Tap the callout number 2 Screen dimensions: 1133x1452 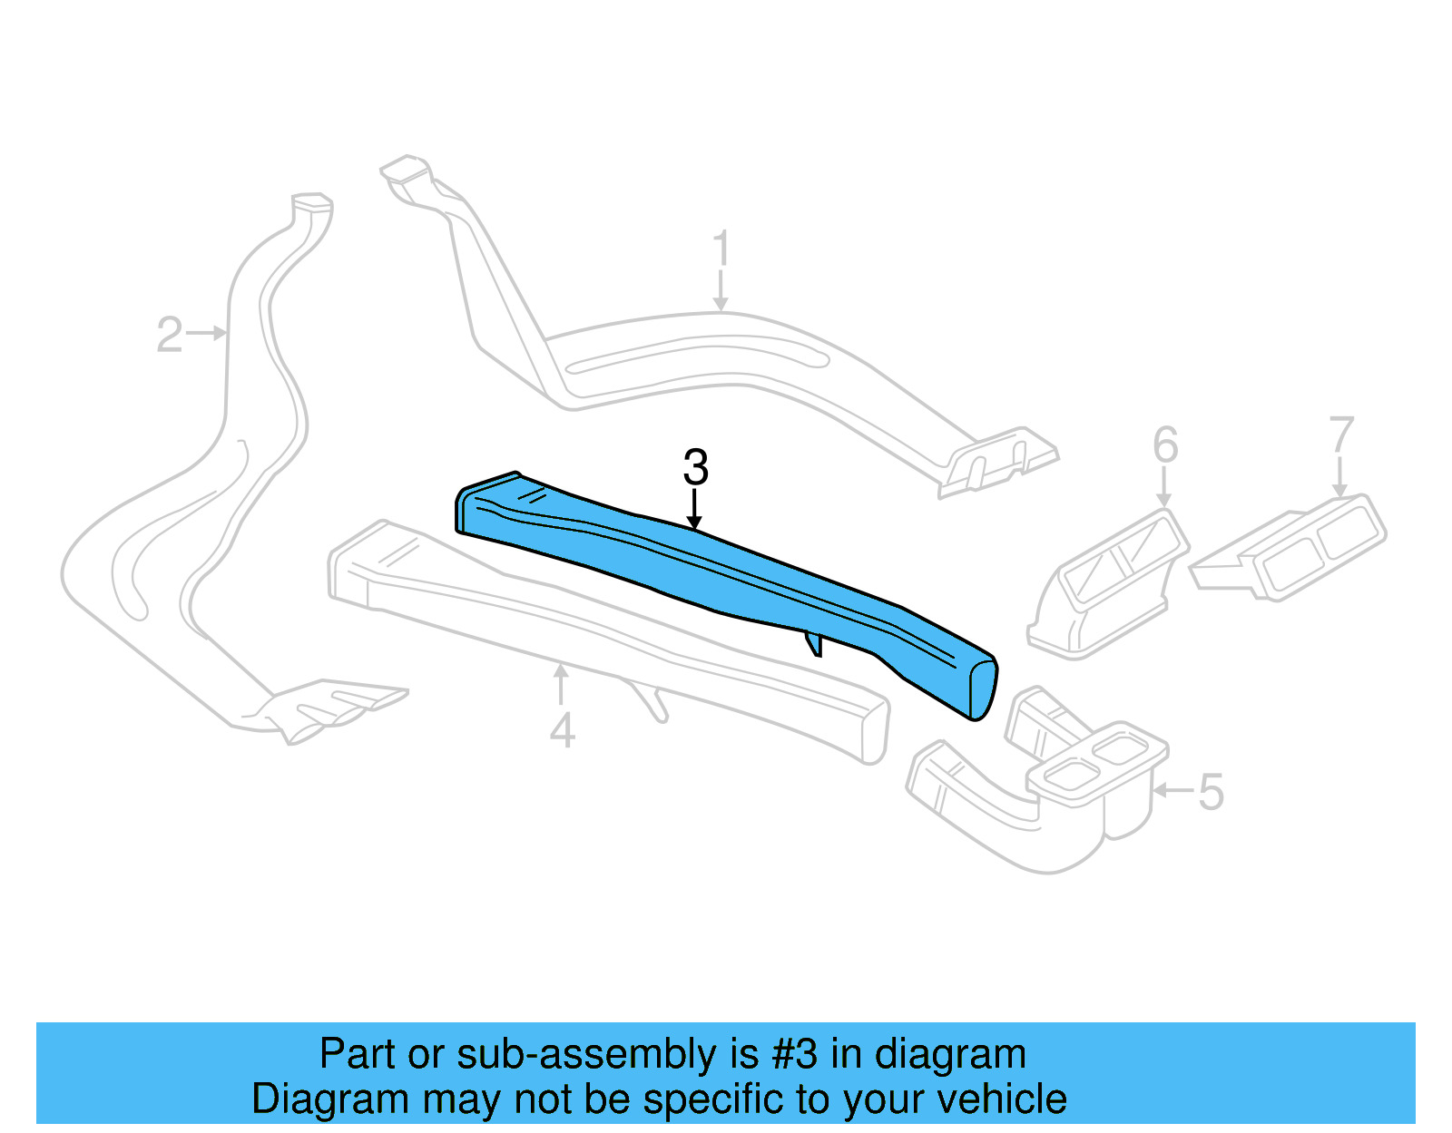click(170, 335)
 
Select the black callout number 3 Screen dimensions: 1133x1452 click(695, 467)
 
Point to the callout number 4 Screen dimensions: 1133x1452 click(562, 731)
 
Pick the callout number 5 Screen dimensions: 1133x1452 click(1212, 792)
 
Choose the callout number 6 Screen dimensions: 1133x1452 click(1165, 445)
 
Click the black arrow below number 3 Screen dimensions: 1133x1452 click(695, 510)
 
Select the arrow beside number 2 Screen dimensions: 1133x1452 click(208, 333)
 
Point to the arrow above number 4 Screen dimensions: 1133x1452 click(562, 685)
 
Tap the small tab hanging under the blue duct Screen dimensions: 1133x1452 click(813, 643)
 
